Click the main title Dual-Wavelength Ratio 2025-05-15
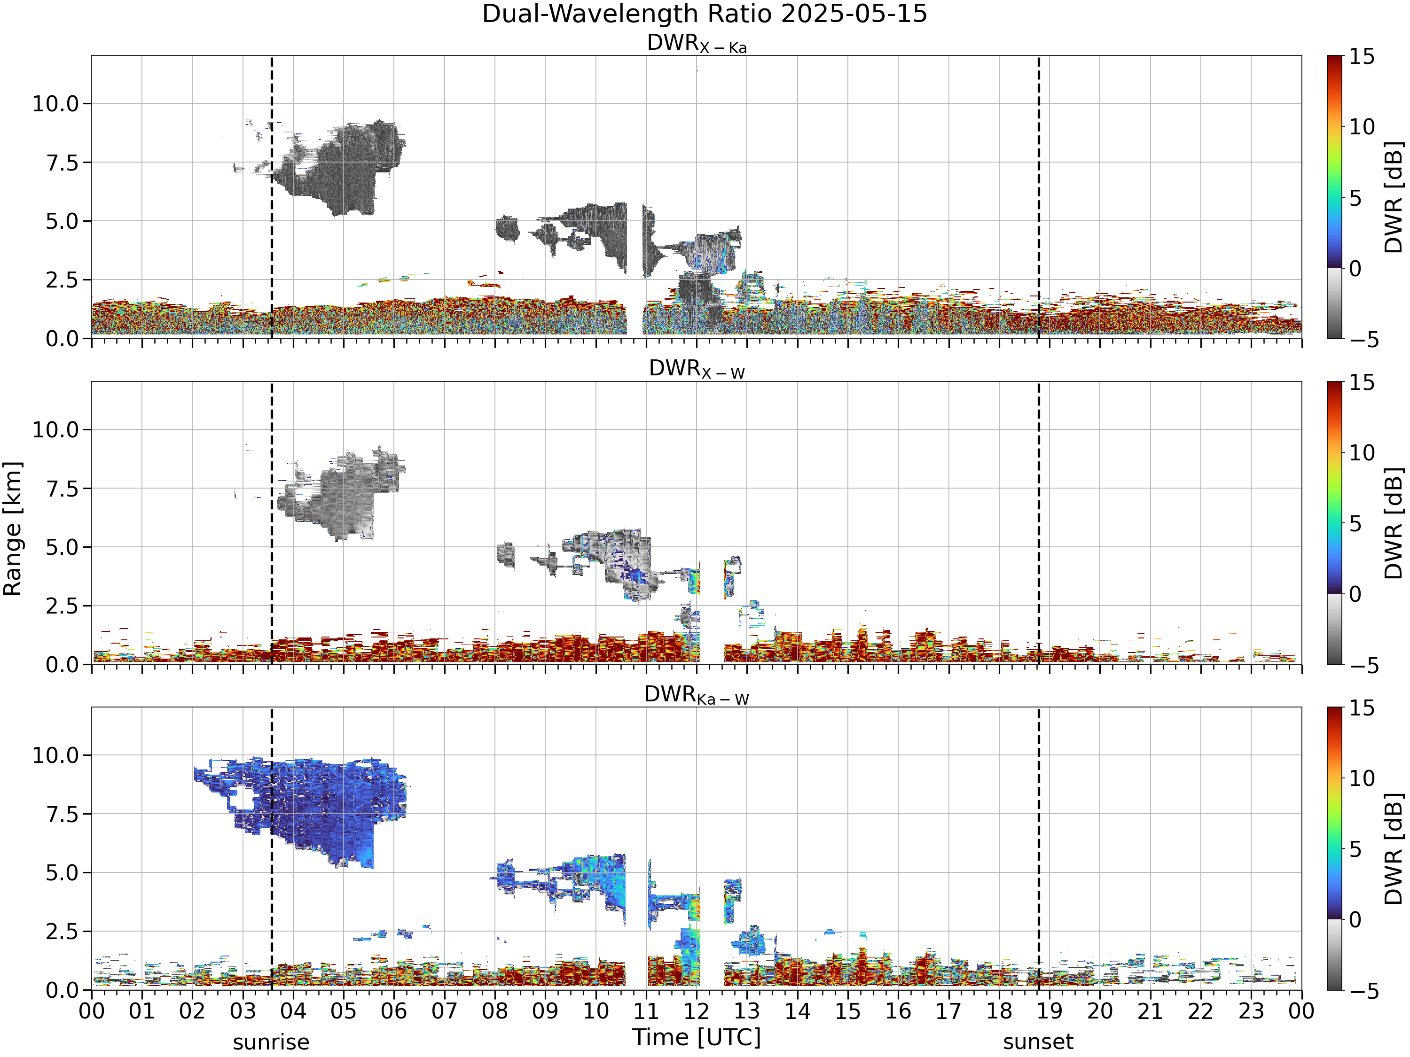(705, 14)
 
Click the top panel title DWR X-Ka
(697, 43)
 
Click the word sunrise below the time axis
(271, 1042)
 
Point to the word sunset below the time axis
(1038, 1042)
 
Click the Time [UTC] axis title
(697, 1037)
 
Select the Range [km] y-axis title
(13, 529)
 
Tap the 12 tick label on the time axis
(696, 1011)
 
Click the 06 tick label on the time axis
(394, 1011)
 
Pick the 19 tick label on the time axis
(1049, 1011)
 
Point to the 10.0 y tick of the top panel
(55, 104)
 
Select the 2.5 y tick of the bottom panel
(62, 932)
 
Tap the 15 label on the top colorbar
(1361, 57)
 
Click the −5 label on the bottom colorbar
(1363, 991)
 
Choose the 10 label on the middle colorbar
(1361, 453)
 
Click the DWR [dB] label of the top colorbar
(1394, 197)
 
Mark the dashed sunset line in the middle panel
(1038, 522)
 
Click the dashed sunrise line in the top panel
(272, 197)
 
